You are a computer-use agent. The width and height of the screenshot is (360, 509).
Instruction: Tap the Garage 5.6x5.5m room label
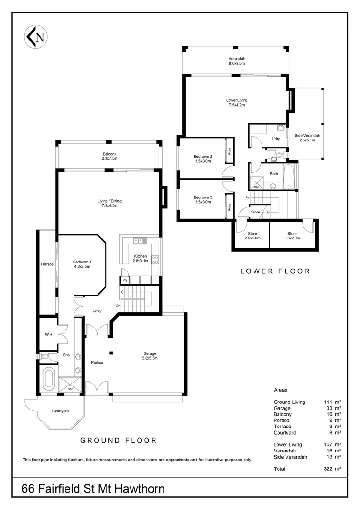pyautogui.click(x=150, y=356)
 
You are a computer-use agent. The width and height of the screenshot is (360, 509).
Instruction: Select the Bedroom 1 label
pyautogui.click(x=81, y=264)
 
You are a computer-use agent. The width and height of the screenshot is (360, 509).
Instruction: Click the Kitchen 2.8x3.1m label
pyautogui.click(x=140, y=258)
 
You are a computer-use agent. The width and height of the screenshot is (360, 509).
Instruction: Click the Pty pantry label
pyautogui.click(x=125, y=280)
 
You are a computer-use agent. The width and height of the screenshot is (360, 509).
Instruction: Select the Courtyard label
pyautogui.click(x=60, y=411)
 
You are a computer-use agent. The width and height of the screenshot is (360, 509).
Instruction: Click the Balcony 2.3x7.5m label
pyautogui.click(x=109, y=156)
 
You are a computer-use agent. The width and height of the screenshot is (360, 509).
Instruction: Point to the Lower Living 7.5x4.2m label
pyautogui.click(x=237, y=102)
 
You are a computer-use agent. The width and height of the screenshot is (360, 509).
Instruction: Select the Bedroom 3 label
pyautogui.click(x=203, y=199)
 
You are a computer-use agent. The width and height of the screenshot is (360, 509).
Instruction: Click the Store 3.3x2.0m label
pyautogui.click(x=292, y=236)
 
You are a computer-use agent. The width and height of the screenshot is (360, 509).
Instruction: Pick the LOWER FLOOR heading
pyautogui.click(x=275, y=271)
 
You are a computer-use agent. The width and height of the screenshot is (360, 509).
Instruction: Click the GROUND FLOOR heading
pyautogui.click(x=118, y=440)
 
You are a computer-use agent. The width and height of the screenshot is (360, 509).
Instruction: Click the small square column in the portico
pyautogui.click(x=111, y=353)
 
